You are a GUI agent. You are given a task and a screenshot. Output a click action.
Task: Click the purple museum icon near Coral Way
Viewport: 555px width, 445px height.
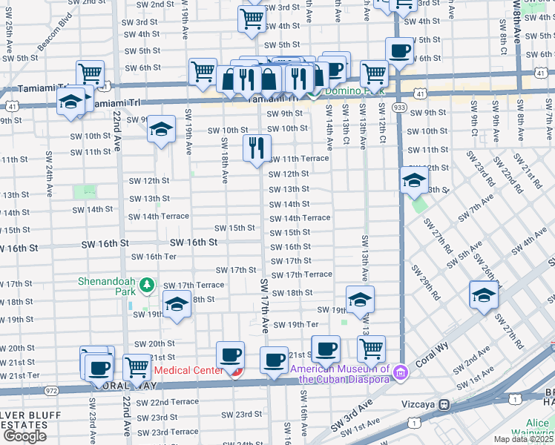tap(401, 370)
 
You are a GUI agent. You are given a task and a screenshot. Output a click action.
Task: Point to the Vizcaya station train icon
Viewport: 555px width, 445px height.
tap(444, 406)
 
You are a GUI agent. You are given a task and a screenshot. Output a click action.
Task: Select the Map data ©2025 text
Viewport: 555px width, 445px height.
tap(523, 439)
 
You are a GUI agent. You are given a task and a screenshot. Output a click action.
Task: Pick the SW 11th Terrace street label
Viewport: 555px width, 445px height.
tap(298, 159)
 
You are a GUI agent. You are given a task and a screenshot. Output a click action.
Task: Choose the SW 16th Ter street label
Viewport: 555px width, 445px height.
tap(154, 257)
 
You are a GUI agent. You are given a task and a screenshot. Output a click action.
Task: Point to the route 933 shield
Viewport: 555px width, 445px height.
tap(400, 107)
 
